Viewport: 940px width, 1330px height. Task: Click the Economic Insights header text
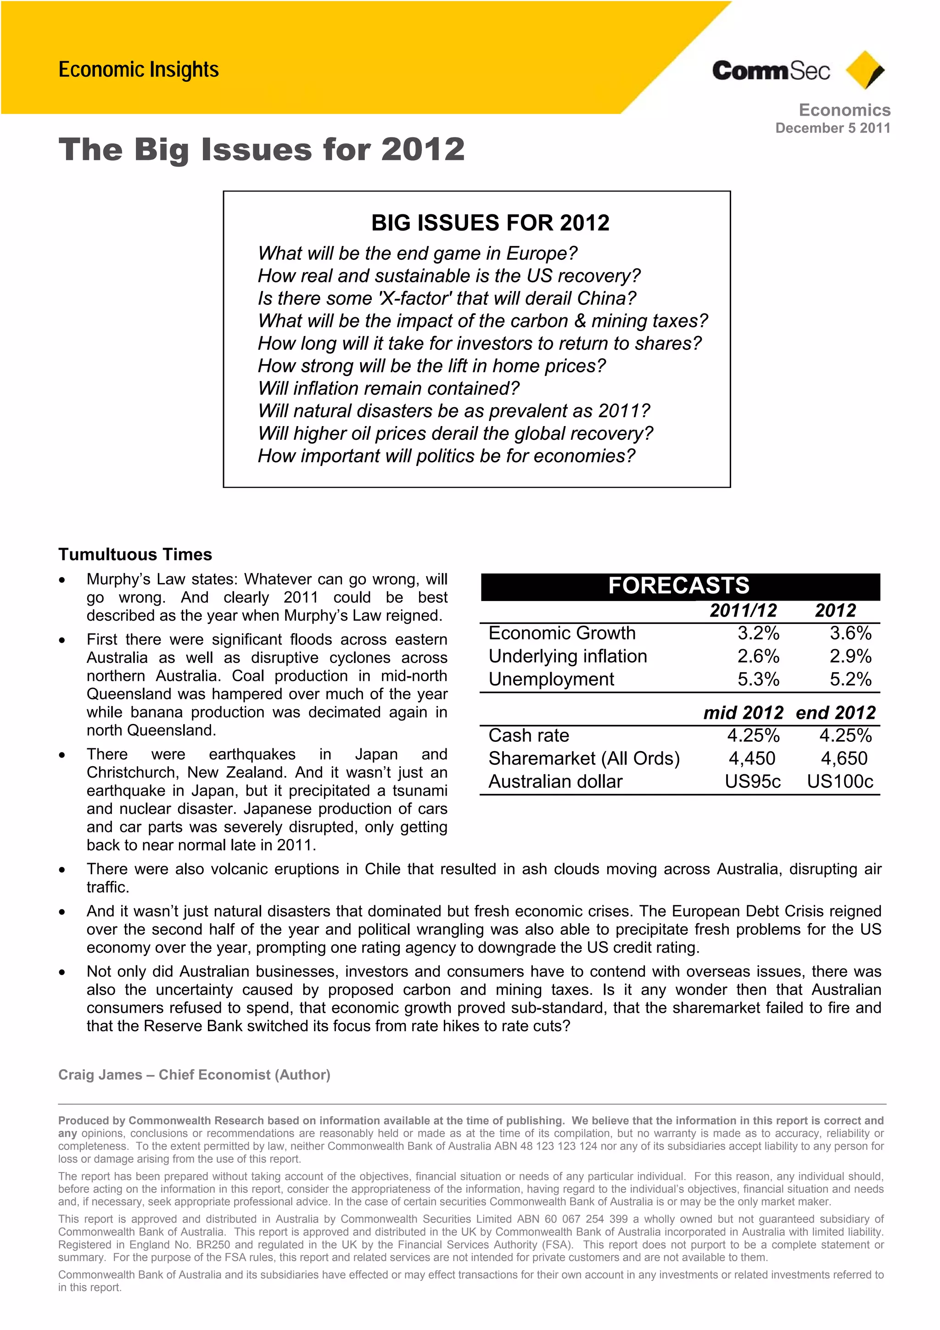click(139, 69)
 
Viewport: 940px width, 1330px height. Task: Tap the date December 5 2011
click(832, 128)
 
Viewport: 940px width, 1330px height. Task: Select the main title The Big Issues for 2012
click(261, 150)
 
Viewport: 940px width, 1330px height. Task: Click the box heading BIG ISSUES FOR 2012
click(490, 223)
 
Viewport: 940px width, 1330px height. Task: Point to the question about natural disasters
click(453, 411)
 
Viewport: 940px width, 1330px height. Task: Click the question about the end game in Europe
click(418, 253)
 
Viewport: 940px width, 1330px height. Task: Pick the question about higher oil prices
click(455, 433)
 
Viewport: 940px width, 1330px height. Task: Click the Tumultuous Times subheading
click(135, 555)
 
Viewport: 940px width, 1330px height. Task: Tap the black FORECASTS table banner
click(679, 586)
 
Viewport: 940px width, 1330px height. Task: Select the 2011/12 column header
click(743, 610)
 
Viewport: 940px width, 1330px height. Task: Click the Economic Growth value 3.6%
click(850, 633)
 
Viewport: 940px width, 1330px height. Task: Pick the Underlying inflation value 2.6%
click(758, 657)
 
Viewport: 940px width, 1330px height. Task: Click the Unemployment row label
click(551, 679)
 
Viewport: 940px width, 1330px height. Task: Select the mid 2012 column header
click(743, 713)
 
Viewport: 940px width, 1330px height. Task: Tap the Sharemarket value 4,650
click(844, 758)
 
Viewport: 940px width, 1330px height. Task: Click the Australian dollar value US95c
click(752, 781)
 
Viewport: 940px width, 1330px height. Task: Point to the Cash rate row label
click(528, 735)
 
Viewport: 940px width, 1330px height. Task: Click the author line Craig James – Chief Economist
click(194, 1075)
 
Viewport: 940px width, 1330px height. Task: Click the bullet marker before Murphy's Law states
click(62, 580)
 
